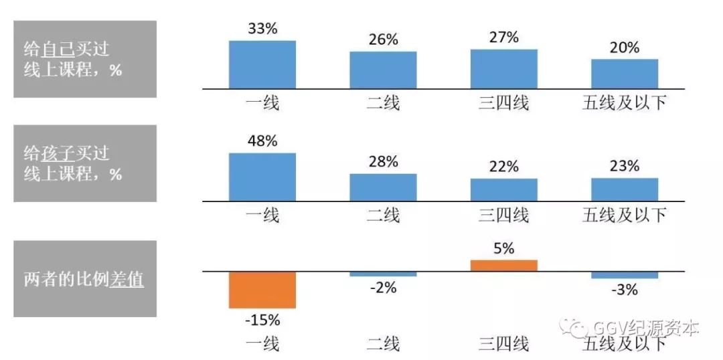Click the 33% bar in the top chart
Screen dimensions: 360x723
coord(262,64)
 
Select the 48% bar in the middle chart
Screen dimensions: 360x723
coord(262,177)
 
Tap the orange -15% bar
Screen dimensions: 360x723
coord(262,290)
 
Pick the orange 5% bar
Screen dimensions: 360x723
coord(503,265)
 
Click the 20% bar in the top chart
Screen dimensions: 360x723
coord(624,74)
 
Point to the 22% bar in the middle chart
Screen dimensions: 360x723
coord(503,189)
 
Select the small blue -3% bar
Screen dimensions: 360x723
coord(624,275)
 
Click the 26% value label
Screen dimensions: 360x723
coord(383,39)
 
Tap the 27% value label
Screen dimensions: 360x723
coord(503,37)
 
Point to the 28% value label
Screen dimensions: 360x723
coord(383,162)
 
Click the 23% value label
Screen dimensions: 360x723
coord(624,167)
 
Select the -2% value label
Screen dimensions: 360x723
coord(383,288)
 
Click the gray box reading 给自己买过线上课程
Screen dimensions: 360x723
coord(85,59)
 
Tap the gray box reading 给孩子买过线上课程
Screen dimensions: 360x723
coord(85,163)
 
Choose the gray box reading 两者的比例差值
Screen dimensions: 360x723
coord(85,278)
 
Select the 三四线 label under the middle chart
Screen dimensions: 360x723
coord(503,215)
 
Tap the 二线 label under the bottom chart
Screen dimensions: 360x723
coord(383,344)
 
